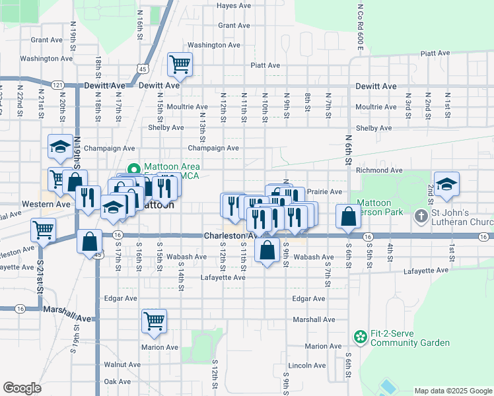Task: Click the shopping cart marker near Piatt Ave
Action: (180, 65)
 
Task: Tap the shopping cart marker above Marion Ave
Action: (154, 321)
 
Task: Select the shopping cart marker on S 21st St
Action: (44, 231)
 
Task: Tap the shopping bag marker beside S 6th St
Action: (348, 216)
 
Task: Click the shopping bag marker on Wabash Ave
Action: (267, 251)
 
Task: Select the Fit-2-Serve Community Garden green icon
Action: (360, 337)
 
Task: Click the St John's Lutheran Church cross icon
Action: (421, 216)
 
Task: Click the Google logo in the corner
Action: (22, 388)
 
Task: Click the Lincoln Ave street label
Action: (304, 365)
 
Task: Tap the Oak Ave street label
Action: (118, 381)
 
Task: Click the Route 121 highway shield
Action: (58, 85)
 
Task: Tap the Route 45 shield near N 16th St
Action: (143, 68)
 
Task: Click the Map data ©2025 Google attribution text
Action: (452, 391)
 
